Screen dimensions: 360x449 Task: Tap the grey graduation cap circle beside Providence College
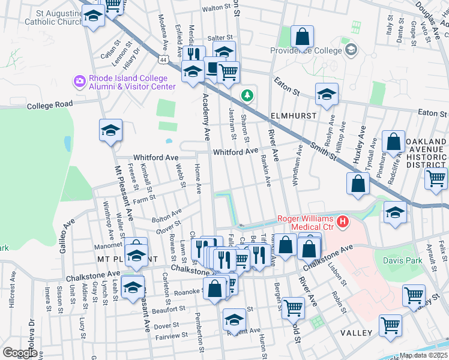(351, 49)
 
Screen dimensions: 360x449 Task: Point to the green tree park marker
(247, 95)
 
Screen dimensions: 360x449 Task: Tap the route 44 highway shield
(163, 60)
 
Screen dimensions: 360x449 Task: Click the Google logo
(19, 353)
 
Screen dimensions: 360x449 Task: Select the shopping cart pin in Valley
(391, 326)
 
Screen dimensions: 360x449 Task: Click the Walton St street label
(217, 9)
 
